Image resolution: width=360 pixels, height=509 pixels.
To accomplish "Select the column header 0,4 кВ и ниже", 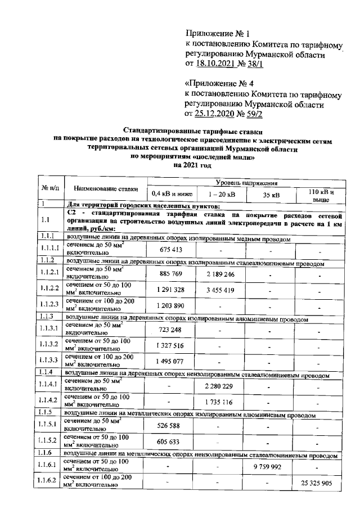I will [169, 195].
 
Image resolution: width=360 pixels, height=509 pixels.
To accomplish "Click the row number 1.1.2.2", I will [49, 290].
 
